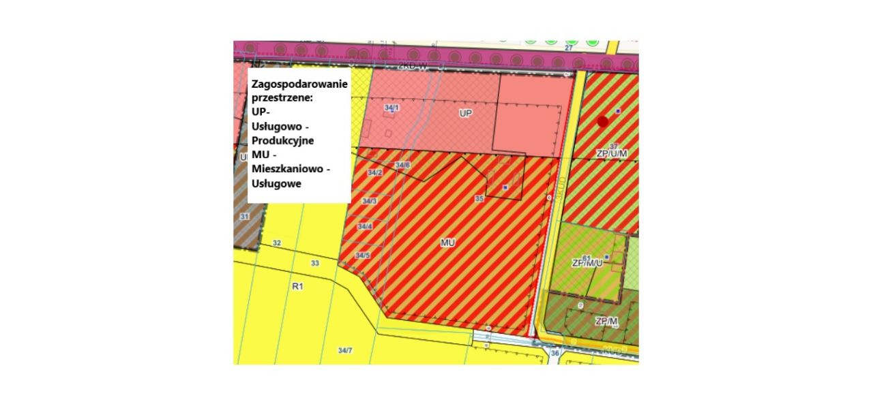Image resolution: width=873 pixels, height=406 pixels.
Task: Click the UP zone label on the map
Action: coord(466,112)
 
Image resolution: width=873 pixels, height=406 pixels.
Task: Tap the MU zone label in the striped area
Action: coord(447,242)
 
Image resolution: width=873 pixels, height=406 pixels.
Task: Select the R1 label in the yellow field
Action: coord(297,287)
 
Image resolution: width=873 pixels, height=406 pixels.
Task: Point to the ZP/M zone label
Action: coord(606,321)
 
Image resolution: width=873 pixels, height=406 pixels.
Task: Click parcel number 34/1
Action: coord(391,108)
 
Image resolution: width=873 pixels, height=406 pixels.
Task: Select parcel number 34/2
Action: coord(375,173)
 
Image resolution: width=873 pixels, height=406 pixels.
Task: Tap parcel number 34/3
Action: coord(369,201)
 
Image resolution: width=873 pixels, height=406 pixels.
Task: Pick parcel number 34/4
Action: coord(365,226)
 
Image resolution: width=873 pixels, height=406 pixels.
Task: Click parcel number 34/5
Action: coord(362,255)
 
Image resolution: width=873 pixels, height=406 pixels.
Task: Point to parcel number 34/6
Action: coord(402,166)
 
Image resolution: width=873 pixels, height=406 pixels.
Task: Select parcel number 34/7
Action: coord(345,350)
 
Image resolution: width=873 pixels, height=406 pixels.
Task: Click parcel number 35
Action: coord(479,198)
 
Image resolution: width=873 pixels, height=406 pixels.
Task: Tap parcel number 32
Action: coord(276,243)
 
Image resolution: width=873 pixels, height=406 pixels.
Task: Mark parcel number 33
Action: coord(314,263)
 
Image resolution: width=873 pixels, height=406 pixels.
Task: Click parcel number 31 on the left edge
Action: coord(245,216)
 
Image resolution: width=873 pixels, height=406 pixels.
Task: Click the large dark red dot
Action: coord(602,121)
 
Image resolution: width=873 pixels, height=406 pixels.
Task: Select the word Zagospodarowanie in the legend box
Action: coord(299,84)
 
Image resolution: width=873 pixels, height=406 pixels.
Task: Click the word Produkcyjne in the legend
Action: coord(282,140)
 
